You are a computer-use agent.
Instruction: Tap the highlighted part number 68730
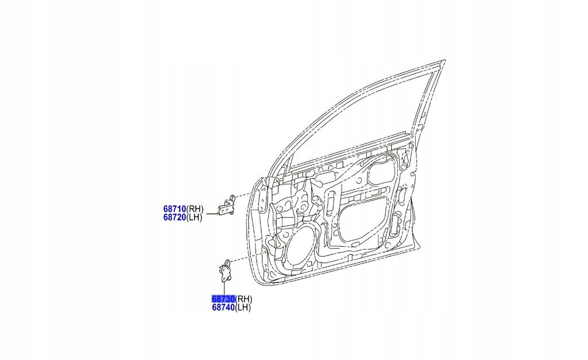223,299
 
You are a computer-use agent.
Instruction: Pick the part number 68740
223,308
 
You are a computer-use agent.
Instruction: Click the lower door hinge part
225,270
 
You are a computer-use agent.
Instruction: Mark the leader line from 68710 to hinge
212,214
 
